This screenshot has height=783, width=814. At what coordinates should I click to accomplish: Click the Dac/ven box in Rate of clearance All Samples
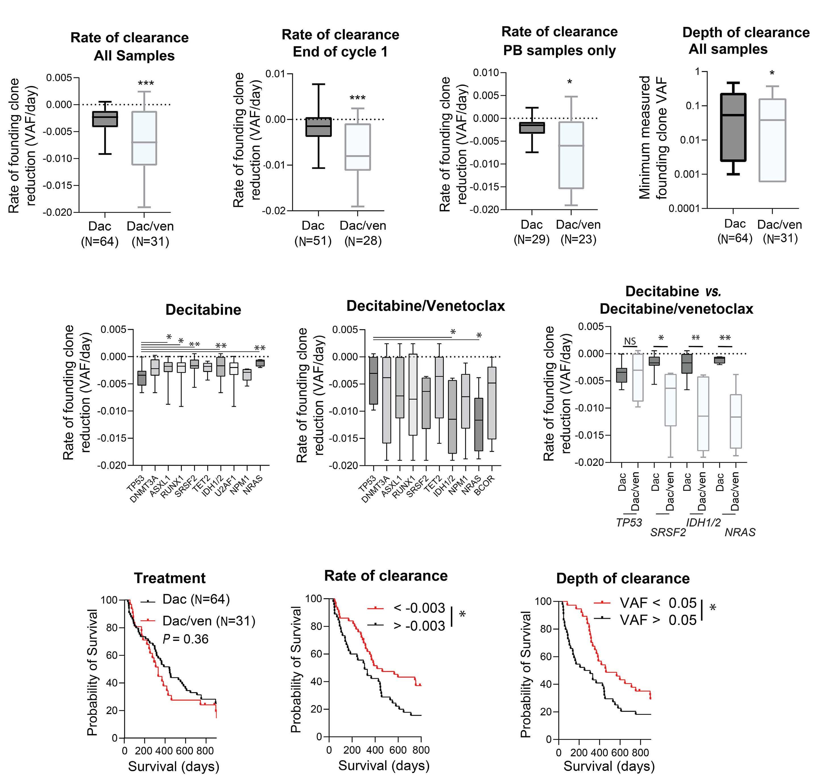[x=144, y=138]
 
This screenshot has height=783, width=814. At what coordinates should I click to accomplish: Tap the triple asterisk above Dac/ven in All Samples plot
[x=146, y=84]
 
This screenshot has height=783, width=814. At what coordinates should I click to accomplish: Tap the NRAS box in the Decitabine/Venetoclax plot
[x=479, y=424]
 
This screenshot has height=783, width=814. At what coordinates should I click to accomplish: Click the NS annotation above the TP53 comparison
[x=630, y=341]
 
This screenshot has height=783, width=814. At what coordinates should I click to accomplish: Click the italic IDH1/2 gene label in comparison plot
[x=703, y=522]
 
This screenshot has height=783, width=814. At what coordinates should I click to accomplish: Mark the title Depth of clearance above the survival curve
[x=623, y=578]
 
